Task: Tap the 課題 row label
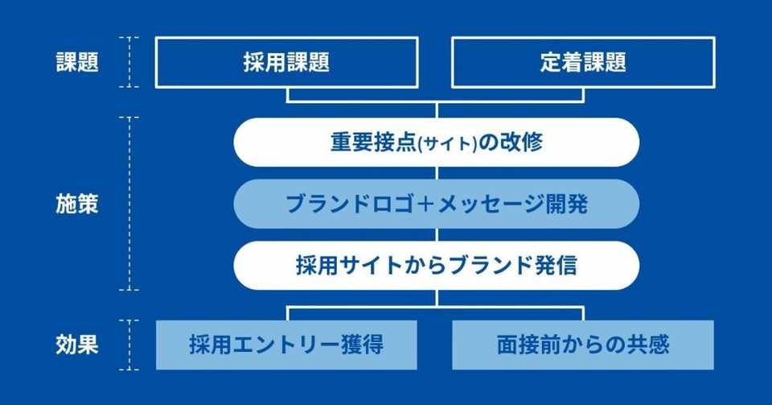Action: tap(77, 63)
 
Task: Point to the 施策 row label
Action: tap(77, 204)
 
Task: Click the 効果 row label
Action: tap(77, 345)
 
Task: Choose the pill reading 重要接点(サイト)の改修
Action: tap(436, 143)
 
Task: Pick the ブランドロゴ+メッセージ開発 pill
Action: tap(436, 204)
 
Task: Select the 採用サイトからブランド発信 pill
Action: tap(436, 266)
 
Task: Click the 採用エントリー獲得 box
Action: tap(286, 345)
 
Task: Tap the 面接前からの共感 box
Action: tap(583, 345)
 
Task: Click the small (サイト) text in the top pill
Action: tap(447, 144)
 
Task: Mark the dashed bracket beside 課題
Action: tap(129, 62)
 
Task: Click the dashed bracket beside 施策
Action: tap(129, 204)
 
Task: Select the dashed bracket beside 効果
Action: tap(129, 345)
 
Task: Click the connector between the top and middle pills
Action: tap(436, 173)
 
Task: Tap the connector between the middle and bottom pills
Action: tap(436, 234)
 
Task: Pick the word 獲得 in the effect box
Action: tap(362, 345)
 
